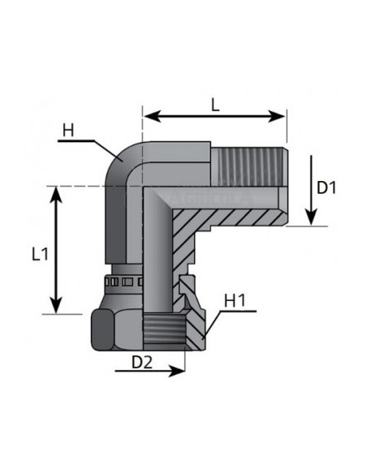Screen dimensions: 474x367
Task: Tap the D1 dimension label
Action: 326,187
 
